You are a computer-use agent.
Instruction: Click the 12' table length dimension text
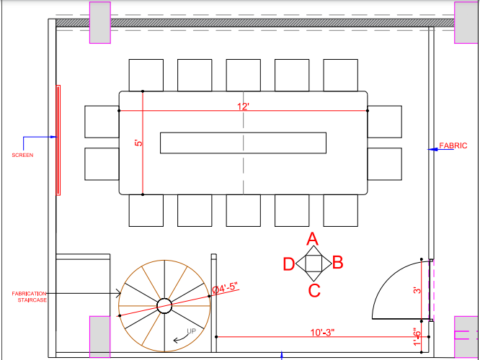pos(243,107)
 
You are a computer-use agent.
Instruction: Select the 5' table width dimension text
pos(138,143)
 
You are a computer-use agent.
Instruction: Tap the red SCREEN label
pos(22,155)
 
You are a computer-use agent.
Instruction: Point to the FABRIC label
pos(453,145)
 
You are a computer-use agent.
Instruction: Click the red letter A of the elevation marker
pos(313,239)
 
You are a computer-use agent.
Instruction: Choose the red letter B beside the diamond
pos(337,262)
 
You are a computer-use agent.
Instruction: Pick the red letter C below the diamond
pos(314,291)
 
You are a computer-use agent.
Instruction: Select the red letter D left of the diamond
pos(289,264)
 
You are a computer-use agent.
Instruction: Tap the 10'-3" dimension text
pos(322,333)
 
